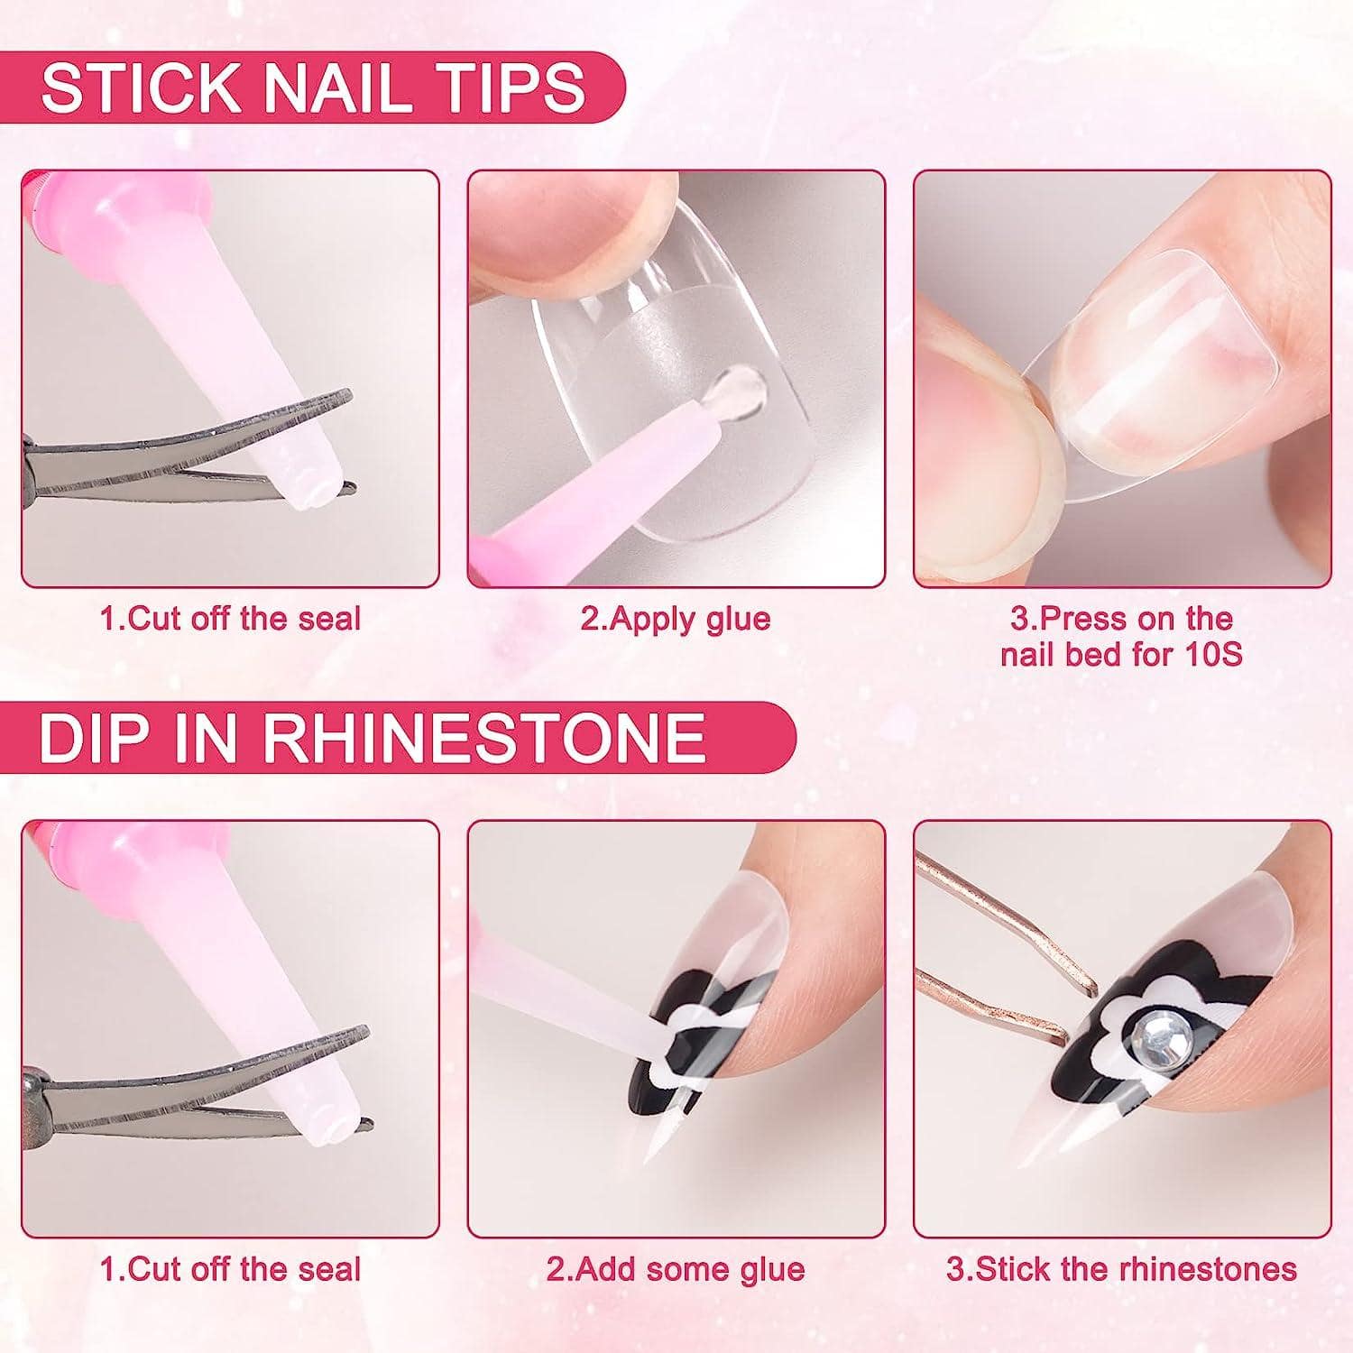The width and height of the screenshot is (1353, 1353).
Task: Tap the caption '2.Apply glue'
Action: (x=675, y=619)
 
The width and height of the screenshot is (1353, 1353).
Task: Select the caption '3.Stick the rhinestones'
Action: (x=1121, y=1269)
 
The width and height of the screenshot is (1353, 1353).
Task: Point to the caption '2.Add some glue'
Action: (x=675, y=1269)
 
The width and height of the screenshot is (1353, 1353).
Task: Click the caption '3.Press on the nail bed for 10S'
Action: (x=1121, y=636)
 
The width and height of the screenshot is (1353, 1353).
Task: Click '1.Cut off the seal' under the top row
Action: (x=230, y=619)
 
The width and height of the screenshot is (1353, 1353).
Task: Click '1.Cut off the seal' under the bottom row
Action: (x=230, y=1269)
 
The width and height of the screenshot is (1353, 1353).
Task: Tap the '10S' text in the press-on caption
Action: (x=1211, y=654)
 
